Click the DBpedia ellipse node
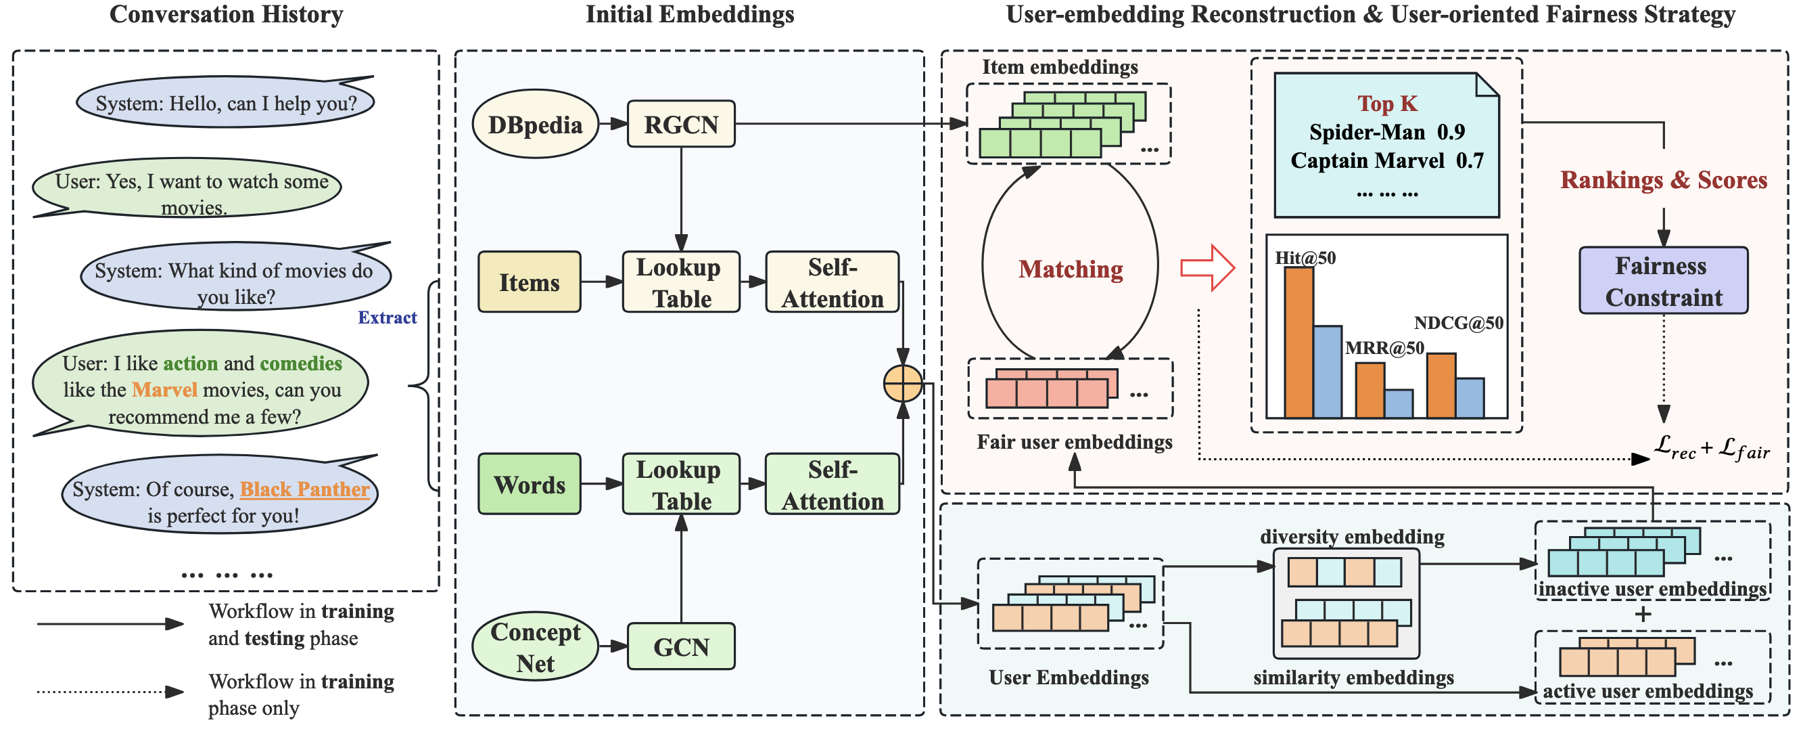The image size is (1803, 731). (x=536, y=125)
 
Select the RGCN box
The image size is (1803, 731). (x=681, y=124)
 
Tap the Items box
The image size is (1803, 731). (x=529, y=282)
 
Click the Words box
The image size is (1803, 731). (x=529, y=485)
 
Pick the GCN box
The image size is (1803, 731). (x=681, y=647)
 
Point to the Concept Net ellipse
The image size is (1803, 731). (x=536, y=647)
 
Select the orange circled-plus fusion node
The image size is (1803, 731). (x=903, y=384)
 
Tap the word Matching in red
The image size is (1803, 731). (x=1070, y=269)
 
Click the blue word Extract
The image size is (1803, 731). (x=387, y=318)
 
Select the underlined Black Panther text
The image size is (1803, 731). (x=304, y=489)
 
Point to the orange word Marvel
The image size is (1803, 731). (x=164, y=390)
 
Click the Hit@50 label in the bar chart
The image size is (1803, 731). (x=1305, y=259)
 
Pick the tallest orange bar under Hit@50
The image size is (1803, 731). (x=1298, y=343)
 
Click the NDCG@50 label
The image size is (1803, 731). (x=1459, y=323)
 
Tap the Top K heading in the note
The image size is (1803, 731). (x=1386, y=104)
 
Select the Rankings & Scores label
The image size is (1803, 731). (x=1663, y=181)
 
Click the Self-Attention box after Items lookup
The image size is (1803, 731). (x=833, y=282)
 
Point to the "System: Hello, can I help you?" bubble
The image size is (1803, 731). (x=225, y=104)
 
